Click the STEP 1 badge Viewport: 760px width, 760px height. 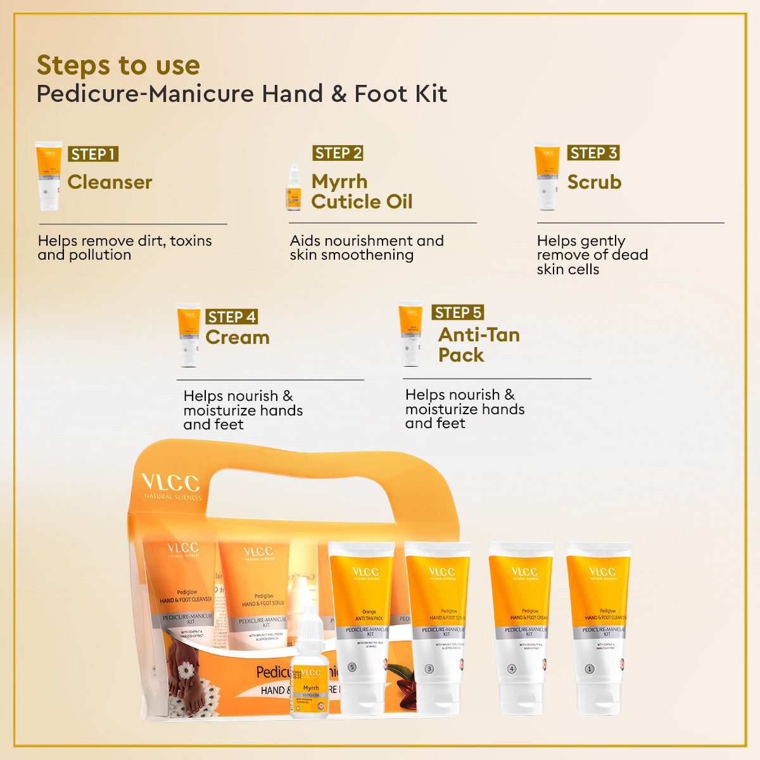pos(93,154)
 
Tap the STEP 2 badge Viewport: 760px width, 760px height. pos(338,153)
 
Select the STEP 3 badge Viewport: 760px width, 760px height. pos(593,153)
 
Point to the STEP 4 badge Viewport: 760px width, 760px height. pos(232,317)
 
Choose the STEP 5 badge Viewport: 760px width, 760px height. pos(458,312)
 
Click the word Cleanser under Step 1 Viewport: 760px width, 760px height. pos(110,182)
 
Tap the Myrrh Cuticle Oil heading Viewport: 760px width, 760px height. pos(361,191)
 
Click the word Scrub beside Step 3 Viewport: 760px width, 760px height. pos(594,182)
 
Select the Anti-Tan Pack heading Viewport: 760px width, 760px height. pos(478,345)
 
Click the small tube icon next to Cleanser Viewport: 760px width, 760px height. pos(49,175)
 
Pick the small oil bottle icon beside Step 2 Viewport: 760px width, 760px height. pos(293,188)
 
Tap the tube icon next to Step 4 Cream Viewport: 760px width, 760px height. pos(188,334)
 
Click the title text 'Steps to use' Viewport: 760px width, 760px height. pos(118,65)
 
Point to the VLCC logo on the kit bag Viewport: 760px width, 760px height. pos(170,484)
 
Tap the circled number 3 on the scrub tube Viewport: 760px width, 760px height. pos(429,669)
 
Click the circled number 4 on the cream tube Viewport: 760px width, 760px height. pos(512,669)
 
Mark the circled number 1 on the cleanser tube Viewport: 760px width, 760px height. pos(590,669)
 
